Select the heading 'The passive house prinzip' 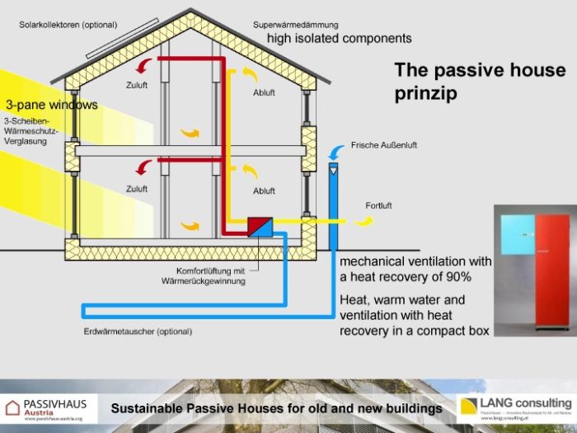(480, 82)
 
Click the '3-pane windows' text (51, 105)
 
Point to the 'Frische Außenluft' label (383, 145)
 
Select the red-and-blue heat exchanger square (261, 226)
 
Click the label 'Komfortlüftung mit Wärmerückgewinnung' (211, 275)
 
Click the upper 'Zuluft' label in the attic (137, 84)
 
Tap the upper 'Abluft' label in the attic (264, 92)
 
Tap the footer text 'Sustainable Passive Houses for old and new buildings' (276, 408)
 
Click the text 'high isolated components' (339, 39)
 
